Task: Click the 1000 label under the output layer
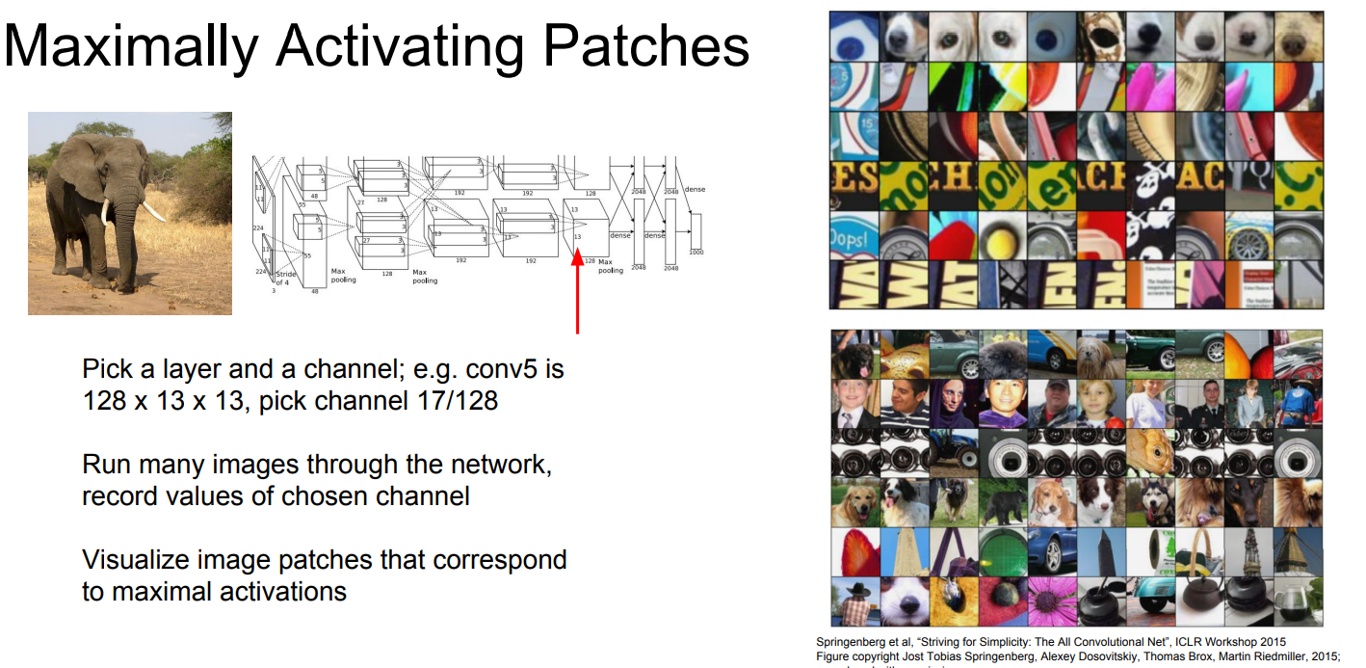coord(696,252)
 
